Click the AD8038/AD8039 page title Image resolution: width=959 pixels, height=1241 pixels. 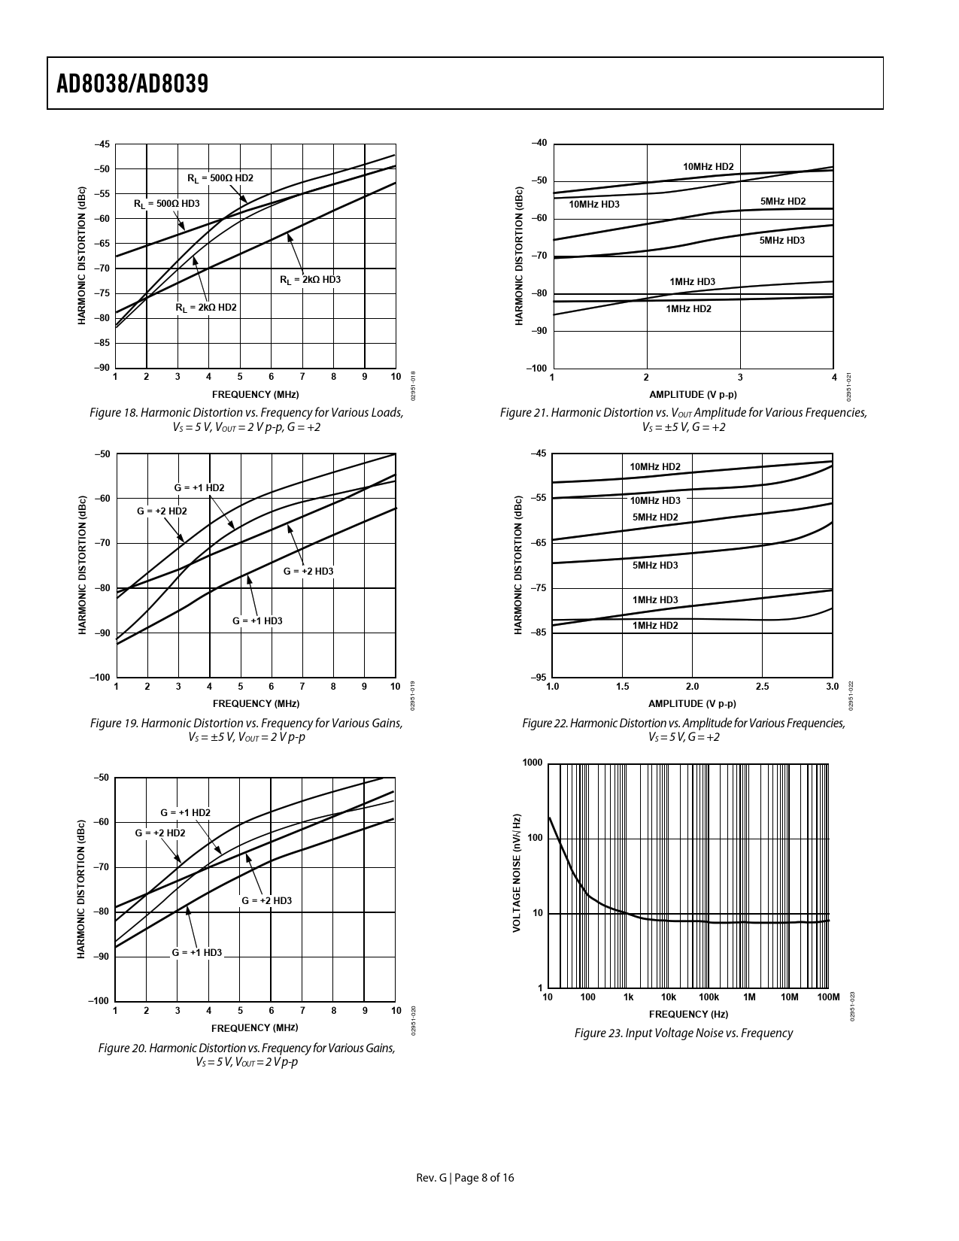132,83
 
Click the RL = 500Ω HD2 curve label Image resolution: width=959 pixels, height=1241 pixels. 220,178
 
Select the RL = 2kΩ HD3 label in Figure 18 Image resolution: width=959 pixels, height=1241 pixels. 310,280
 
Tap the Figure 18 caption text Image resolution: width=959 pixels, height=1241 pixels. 246,420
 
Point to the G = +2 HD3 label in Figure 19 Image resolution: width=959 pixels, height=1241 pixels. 308,571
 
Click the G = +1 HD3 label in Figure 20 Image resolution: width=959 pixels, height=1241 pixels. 197,952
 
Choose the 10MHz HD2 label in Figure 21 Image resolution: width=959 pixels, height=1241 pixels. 708,167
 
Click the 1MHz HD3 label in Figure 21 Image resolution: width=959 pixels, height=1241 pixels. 692,282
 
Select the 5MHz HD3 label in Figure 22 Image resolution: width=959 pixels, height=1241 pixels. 654,565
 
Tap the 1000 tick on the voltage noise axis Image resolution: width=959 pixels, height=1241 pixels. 533,763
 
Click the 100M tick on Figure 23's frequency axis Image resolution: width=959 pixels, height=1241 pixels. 827,997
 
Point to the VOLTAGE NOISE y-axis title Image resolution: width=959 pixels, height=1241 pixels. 517,873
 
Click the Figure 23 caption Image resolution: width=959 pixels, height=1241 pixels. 683,1033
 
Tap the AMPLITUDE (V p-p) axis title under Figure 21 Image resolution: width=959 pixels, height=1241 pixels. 693,394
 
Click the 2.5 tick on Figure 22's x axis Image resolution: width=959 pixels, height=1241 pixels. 762,687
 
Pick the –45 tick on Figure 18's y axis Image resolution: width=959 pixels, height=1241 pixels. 102,144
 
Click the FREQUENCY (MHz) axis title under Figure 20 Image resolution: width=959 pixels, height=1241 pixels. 254,1027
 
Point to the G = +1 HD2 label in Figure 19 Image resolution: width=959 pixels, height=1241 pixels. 199,487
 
